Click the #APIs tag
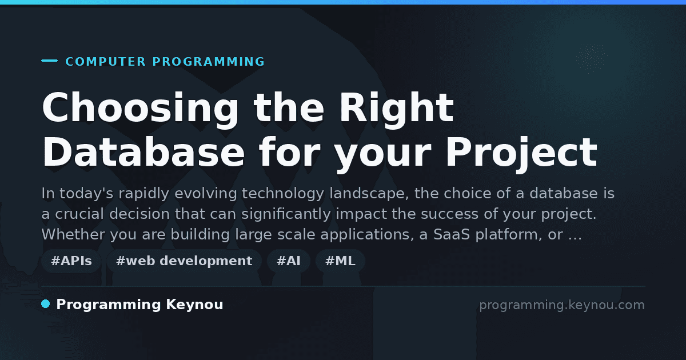(71, 261)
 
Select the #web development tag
(184, 261)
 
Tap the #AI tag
(289, 261)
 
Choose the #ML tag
(340, 261)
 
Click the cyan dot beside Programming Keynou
(46, 304)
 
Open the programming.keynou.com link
(562, 305)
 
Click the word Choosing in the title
(140, 109)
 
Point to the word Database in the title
(143, 152)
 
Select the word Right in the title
(397, 109)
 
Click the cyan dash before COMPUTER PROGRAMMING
(49, 61)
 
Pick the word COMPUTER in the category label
(106, 62)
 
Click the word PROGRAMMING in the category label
(209, 62)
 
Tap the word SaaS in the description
(452, 234)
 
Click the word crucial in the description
(79, 214)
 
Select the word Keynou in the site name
(194, 305)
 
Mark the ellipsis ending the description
(575, 238)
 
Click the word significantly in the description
(286, 214)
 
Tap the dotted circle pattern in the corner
(591, 58)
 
